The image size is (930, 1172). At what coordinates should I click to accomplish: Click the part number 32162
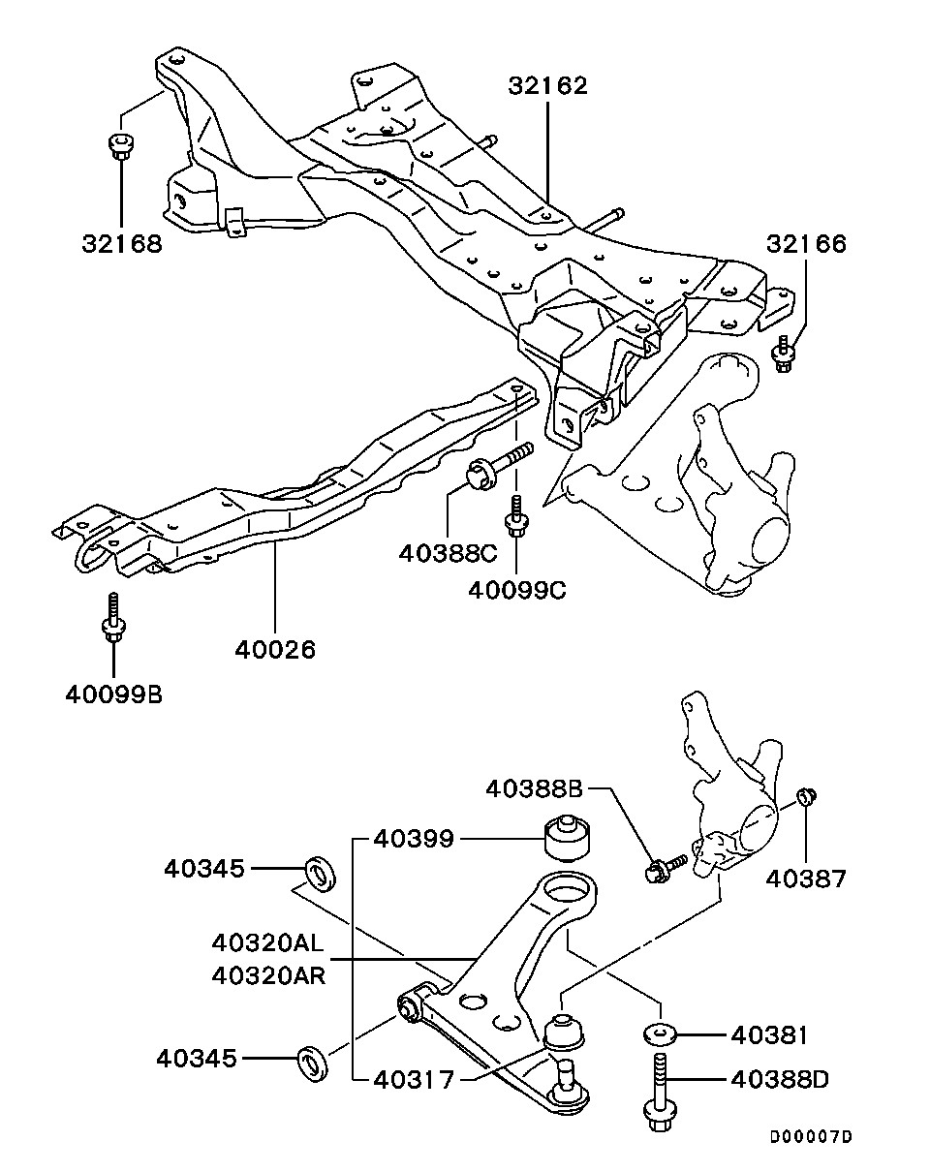pos(548,86)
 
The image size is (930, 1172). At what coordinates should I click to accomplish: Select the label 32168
pos(122,243)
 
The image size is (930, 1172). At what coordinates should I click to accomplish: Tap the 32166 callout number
pos(807,244)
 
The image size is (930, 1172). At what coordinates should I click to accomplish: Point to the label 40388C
pos(449,554)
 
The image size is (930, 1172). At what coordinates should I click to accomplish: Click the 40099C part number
pos(517,590)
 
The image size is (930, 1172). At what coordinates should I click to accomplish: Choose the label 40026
pos(276,650)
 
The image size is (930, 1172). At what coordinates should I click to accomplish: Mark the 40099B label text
pos(114,694)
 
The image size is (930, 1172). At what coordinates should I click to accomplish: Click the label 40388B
pos(535,789)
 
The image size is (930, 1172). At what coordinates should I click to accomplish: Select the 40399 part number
pos(414,839)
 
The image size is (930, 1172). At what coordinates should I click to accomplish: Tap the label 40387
pos(806,879)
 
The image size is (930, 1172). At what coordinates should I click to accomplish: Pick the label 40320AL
pos(268,943)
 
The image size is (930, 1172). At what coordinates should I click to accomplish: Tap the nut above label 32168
pos(121,145)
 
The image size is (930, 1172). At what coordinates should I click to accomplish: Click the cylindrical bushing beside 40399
pos(569,838)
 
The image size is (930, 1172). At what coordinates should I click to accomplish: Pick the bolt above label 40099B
pos(113,618)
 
